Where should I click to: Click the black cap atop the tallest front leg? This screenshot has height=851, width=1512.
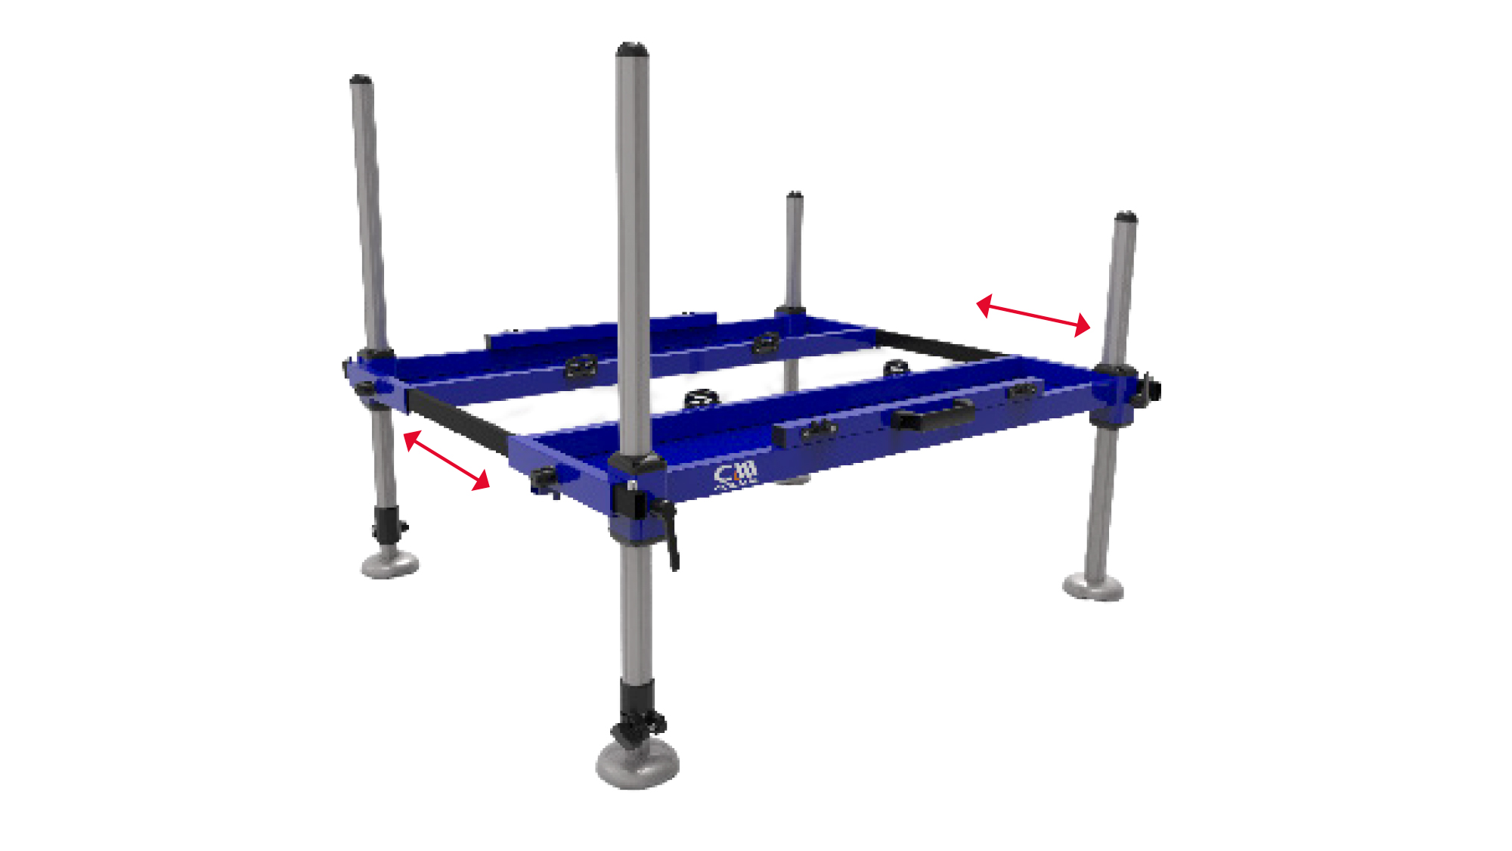tap(632, 50)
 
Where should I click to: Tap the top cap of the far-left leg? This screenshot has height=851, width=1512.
tap(361, 79)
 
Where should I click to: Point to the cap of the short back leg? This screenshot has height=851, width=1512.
tap(794, 195)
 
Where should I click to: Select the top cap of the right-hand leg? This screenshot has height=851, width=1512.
tap(1126, 217)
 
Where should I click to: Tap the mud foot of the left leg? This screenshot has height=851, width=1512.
tap(389, 564)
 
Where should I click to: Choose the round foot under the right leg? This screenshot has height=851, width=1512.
tap(1093, 586)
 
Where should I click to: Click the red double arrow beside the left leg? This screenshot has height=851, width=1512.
tap(447, 460)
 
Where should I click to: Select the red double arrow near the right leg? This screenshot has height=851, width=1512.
tap(1033, 315)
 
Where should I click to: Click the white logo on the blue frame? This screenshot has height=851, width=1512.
tap(735, 475)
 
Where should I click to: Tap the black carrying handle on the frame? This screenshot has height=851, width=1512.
tap(931, 415)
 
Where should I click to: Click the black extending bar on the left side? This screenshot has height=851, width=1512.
tap(458, 421)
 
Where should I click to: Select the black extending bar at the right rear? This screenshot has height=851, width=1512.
tap(941, 346)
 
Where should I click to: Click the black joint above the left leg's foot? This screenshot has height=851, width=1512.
tap(387, 522)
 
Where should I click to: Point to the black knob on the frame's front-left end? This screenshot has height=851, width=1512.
tap(544, 478)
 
